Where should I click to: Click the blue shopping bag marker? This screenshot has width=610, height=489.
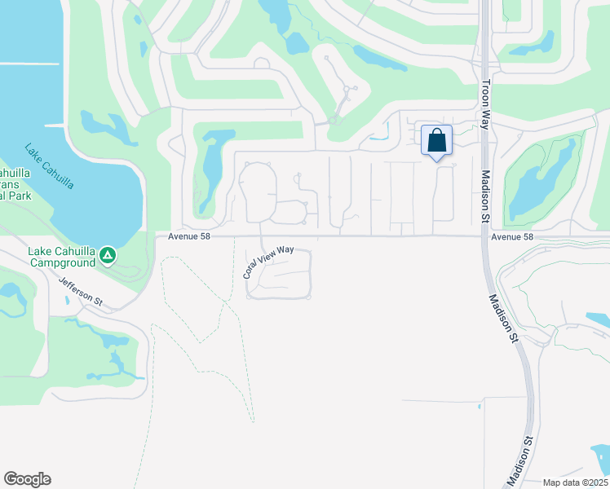coord(436,140)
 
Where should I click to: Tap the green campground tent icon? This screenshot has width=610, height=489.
coord(107,257)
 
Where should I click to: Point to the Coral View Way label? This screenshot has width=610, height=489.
coord(267,262)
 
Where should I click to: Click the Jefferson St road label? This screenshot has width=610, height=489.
coord(80,290)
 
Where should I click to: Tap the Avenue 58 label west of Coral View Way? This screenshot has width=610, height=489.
coord(190,237)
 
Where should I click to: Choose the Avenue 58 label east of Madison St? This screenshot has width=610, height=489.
coord(512,237)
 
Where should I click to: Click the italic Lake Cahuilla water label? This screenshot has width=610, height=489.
coord(49,166)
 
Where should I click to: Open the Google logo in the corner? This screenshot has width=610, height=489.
coord(27,479)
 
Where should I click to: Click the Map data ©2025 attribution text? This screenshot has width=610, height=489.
coord(575,482)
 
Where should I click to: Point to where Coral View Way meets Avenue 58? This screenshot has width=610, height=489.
coord(260,237)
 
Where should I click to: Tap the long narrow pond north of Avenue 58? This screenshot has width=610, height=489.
coord(211,167)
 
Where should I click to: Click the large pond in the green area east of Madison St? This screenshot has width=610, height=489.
coord(538,183)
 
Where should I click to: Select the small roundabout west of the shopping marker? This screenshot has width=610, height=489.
coord(333,121)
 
